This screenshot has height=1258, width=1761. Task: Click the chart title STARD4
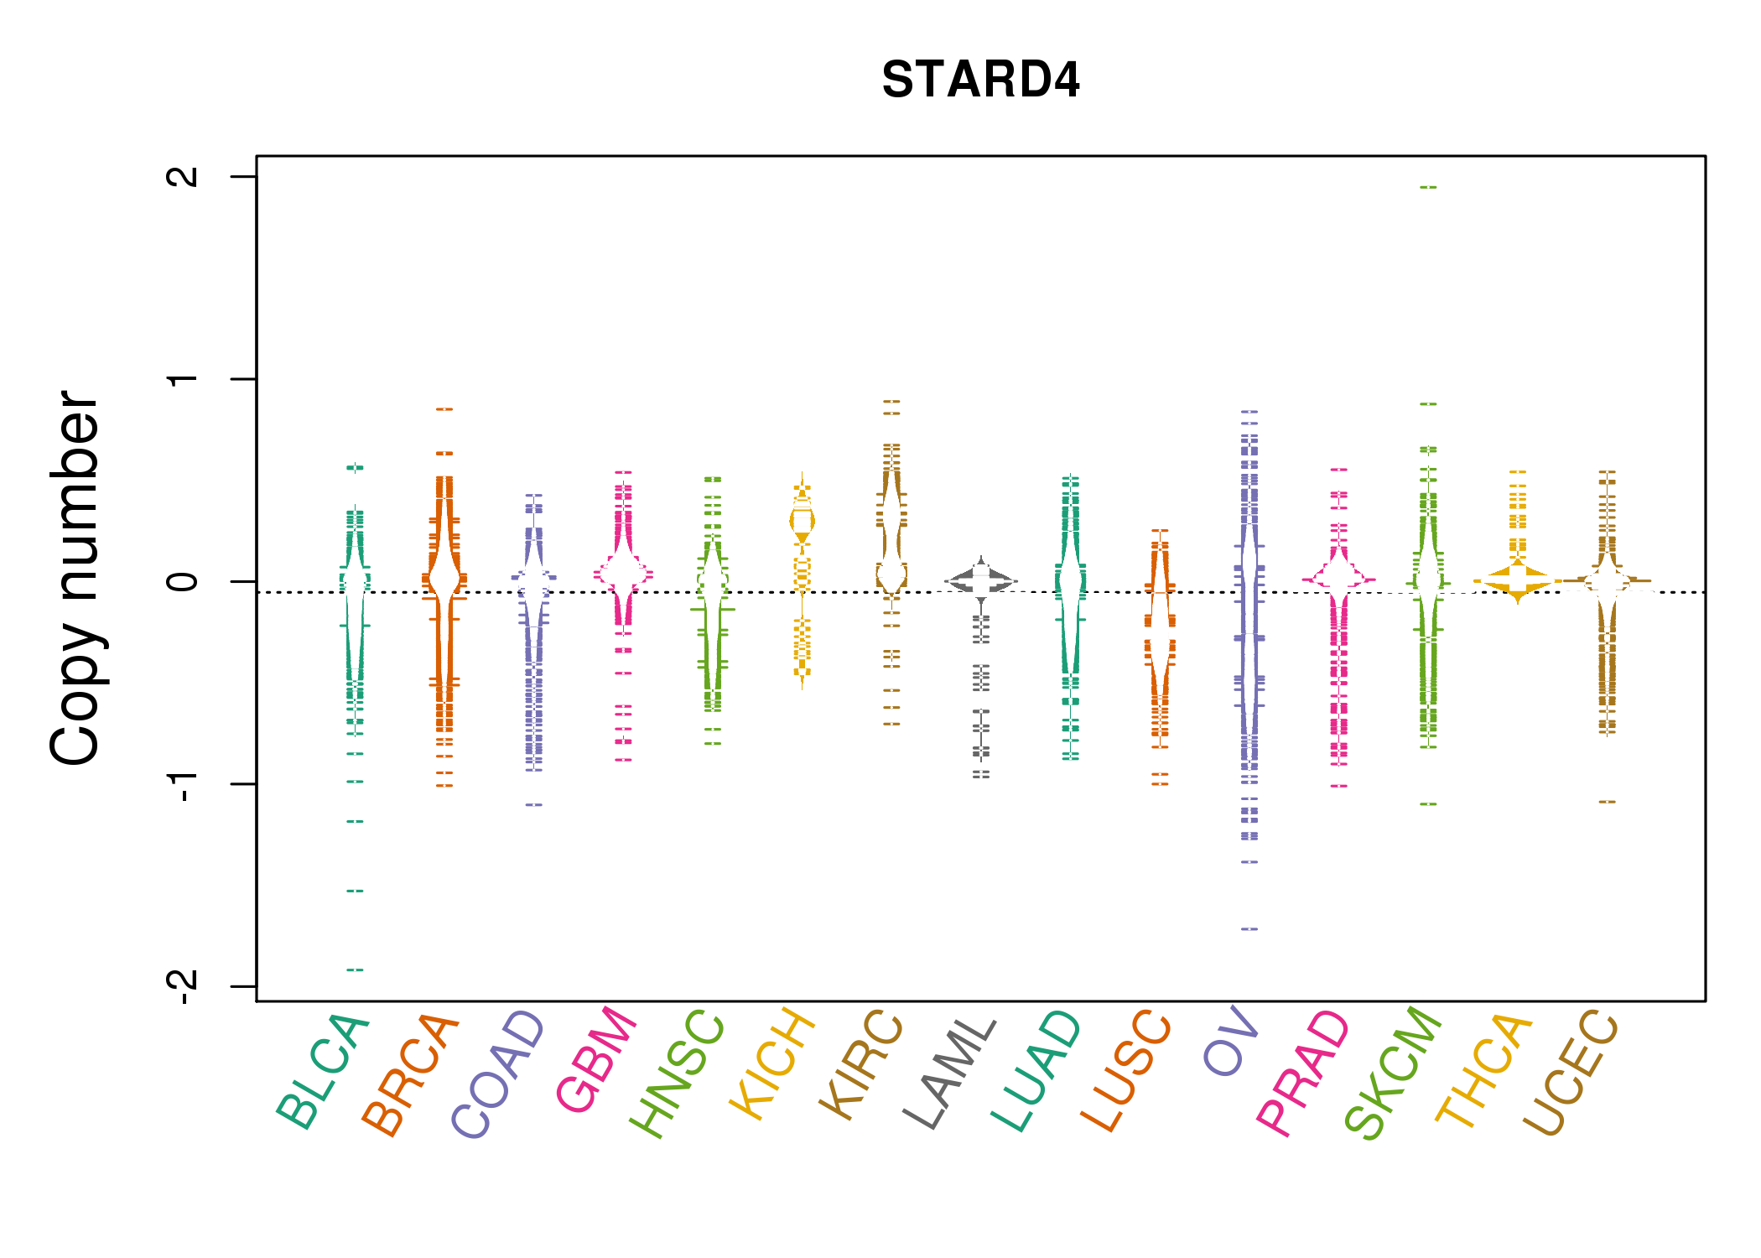980,81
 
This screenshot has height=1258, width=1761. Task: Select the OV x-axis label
1231,1040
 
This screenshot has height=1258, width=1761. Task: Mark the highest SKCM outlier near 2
1428,187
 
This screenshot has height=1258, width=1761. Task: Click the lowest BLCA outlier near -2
355,969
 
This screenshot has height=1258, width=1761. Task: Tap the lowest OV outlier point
1249,929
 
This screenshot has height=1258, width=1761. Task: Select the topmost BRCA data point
444,409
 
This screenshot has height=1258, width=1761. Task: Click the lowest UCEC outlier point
1607,802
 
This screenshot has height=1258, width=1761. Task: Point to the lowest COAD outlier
534,805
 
